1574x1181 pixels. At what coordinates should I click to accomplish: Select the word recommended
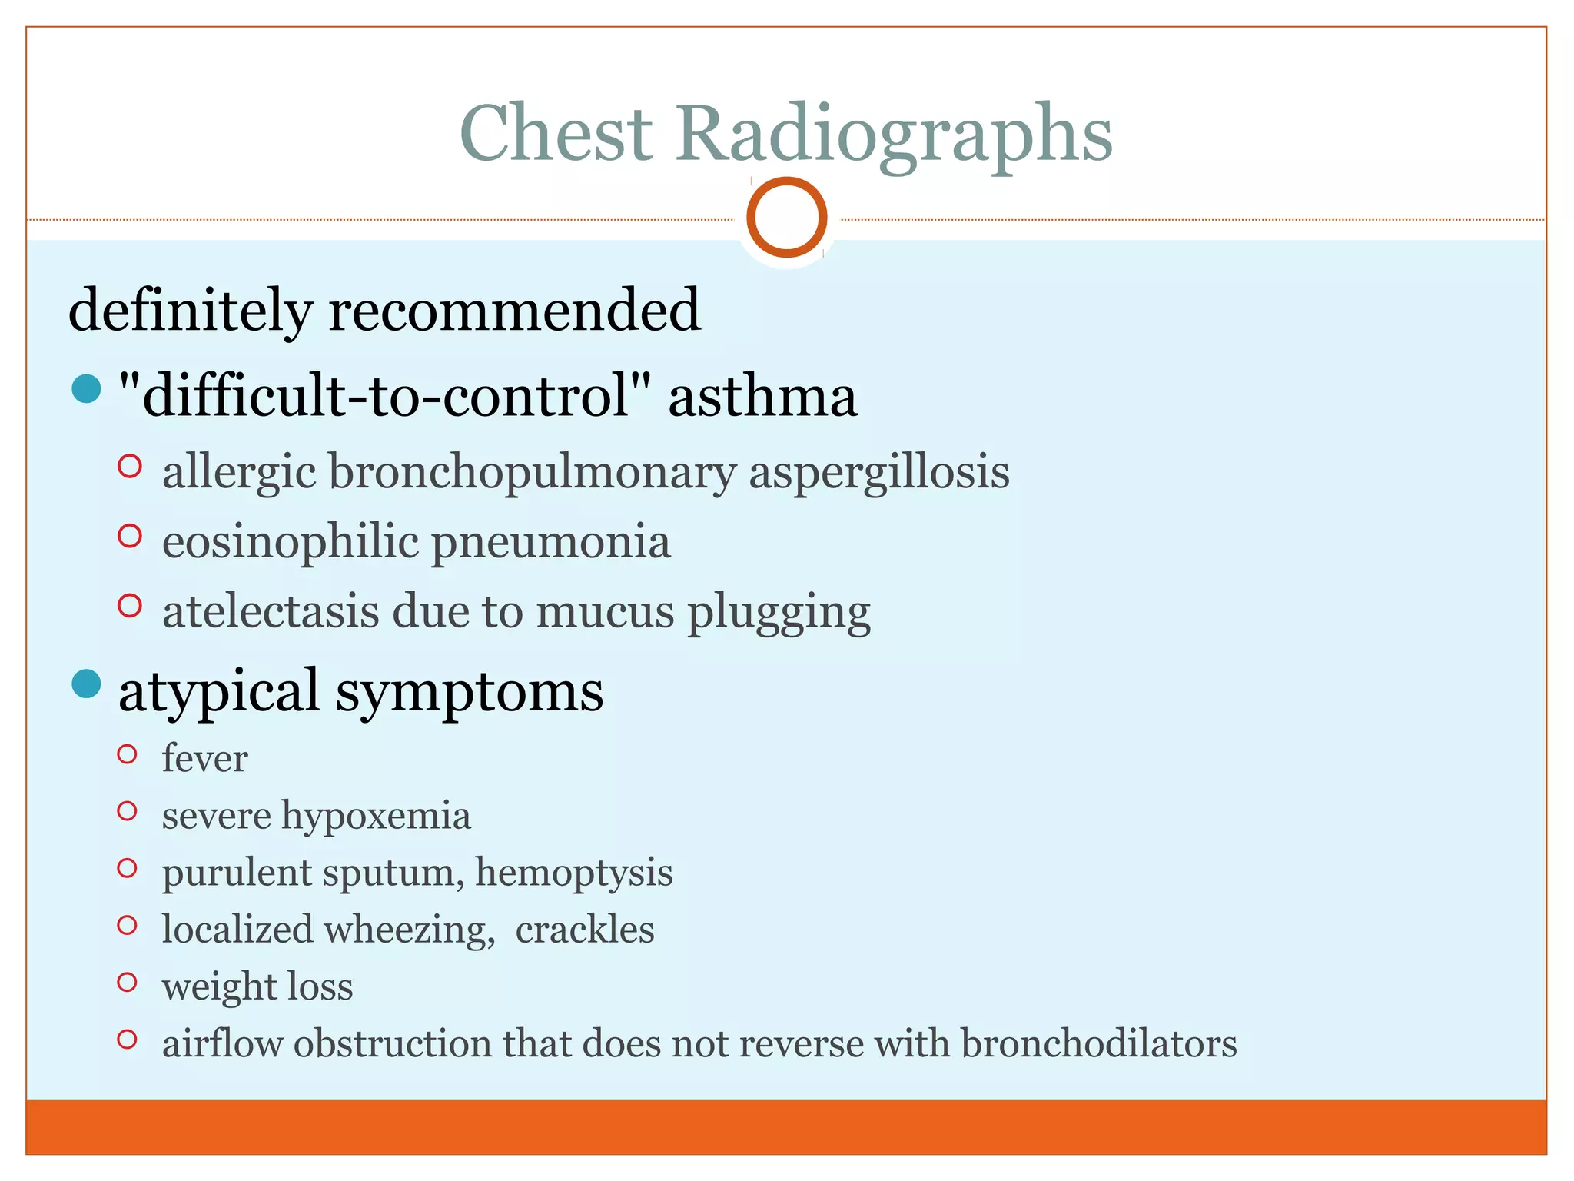tap(514, 310)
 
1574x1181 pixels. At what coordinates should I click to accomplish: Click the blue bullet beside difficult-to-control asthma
tap(86, 388)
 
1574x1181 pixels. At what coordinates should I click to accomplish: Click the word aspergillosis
tap(878, 472)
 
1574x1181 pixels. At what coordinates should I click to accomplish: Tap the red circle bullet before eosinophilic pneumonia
tap(130, 536)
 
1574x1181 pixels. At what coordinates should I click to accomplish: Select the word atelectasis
tap(271, 612)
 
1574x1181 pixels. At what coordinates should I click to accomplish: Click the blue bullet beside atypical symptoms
tap(86, 684)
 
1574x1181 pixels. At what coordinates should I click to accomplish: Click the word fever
tap(204, 759)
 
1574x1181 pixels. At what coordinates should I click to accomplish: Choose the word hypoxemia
tap(376, 817)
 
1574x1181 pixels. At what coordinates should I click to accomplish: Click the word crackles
tap(584, 930)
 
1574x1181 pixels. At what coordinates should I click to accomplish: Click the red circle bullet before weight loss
tap(127, 982)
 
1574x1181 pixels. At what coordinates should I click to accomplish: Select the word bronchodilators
tap(1098, 1044)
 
